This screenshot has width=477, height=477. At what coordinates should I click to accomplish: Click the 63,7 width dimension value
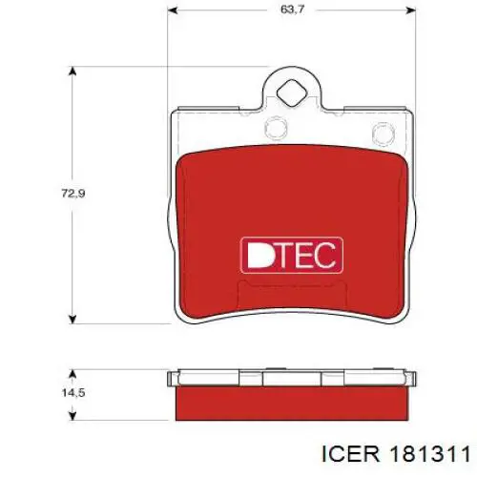(x=292, y=10)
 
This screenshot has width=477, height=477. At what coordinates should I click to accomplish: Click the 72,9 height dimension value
(x=73, y=193)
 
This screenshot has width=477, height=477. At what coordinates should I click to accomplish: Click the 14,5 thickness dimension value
(x=73, y=393)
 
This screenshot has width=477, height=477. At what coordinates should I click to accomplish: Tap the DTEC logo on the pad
(x=292, y=255)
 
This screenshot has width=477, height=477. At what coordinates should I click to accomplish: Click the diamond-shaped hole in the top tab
(x=292, y=93)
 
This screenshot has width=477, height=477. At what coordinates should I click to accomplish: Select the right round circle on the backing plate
(x=384, y=134)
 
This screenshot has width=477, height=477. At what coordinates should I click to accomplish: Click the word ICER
(x=351, y=454)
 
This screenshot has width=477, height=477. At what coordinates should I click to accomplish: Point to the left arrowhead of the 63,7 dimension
(x=172, y=10)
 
